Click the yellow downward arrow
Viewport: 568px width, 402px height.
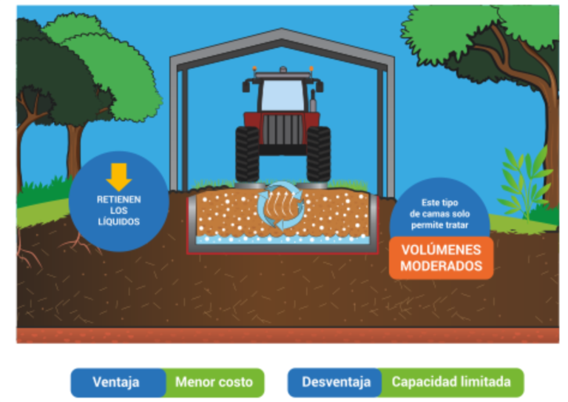tap(118, 177)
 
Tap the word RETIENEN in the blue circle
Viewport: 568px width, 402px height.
tap(118, 199)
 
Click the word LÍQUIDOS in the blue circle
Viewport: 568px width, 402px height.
tap(118, 221)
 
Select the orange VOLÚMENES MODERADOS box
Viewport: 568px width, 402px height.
tap(441, 258)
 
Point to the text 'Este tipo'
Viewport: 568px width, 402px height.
tap(440, 201)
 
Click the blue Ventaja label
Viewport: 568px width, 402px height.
tap(117, 382)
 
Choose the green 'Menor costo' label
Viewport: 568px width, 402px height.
tap(214, 382)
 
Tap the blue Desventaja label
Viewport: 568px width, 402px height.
tap(336, 382)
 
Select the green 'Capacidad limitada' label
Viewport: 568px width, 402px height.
tap(451, 382)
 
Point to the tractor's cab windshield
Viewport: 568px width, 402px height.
tap(283, 94)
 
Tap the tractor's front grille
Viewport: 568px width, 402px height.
tap(283, 130)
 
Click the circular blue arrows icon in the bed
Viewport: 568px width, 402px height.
tap(283, 207)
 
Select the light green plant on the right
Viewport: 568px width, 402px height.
tap(524, 181)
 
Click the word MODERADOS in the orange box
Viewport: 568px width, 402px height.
tap(441, 266)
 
